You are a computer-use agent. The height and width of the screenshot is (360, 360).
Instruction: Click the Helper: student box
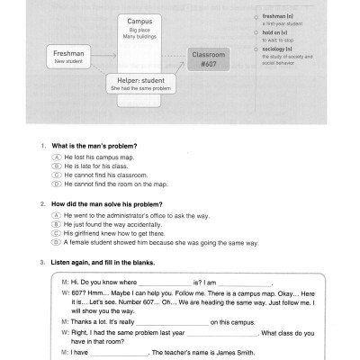coord(140,85)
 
